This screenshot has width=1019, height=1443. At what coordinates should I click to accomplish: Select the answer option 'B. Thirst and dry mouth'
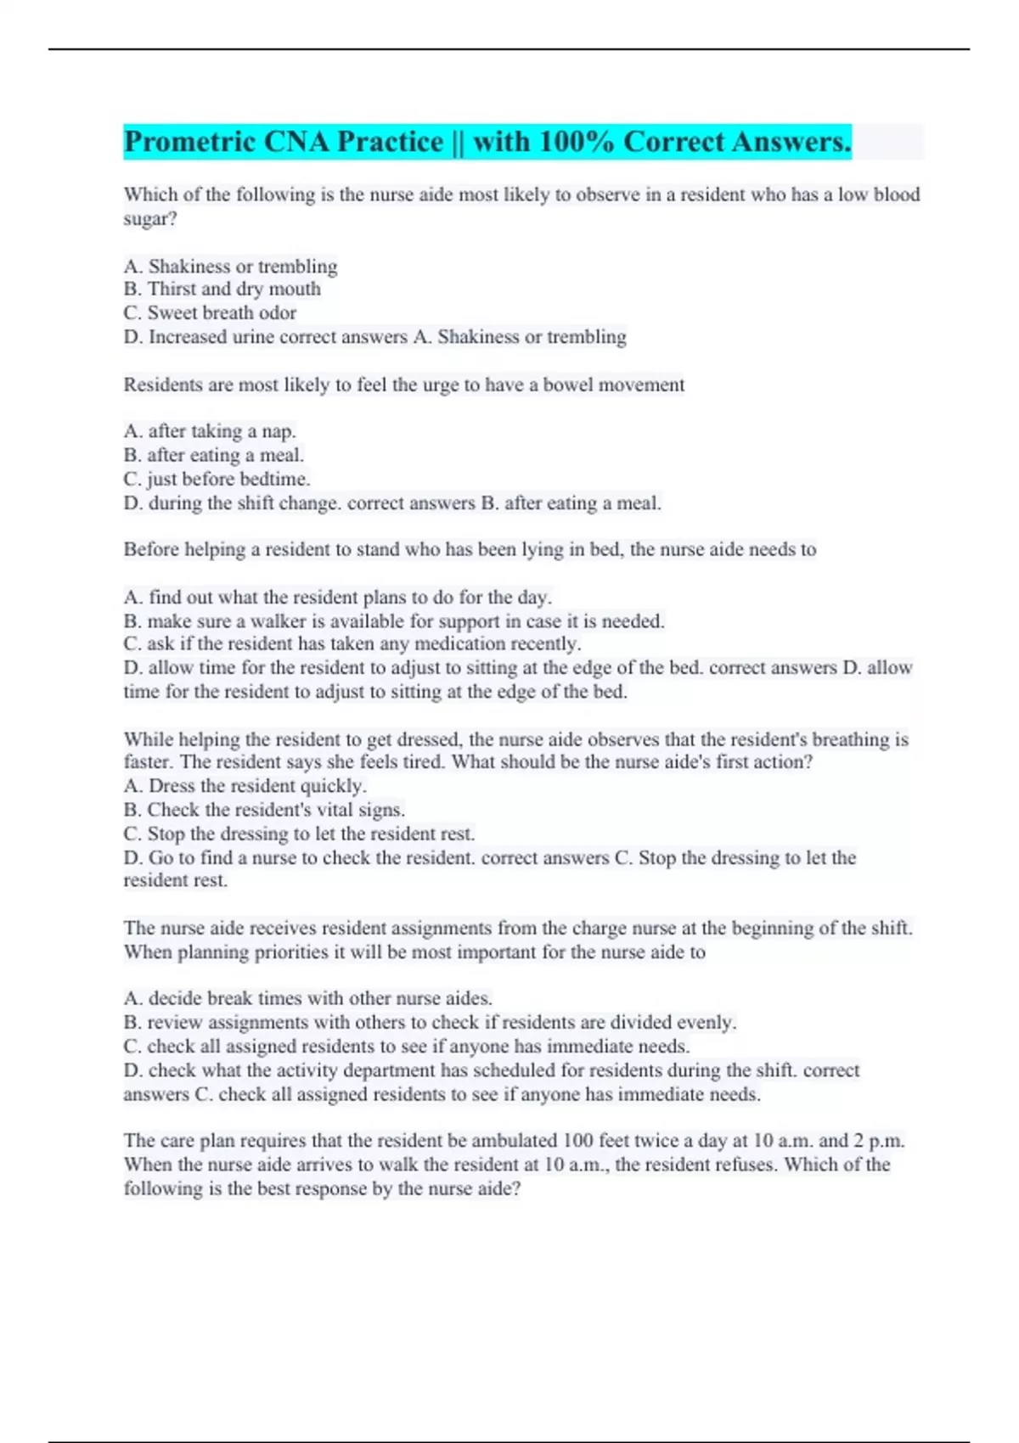coord(222,289)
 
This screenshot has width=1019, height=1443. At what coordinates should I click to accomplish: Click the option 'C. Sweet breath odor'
coord(210,313)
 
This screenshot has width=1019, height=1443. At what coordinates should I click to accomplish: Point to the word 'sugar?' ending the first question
coord(150,219)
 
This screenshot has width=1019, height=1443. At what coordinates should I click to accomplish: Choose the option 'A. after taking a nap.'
coord(210,431)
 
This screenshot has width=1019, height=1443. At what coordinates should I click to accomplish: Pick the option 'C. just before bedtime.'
coord(217,479)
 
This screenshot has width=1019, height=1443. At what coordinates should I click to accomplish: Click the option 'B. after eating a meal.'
coord(213,455)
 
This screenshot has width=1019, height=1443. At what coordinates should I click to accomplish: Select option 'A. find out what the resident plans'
coord(337,597)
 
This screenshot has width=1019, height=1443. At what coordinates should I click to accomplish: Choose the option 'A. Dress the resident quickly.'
coord(245,786)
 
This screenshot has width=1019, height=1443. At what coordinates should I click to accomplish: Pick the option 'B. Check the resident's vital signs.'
coord(264,810)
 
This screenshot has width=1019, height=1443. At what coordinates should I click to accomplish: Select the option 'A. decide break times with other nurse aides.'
coord(307,998)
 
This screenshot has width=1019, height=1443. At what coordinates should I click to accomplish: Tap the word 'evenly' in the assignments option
coord(708,1022)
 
